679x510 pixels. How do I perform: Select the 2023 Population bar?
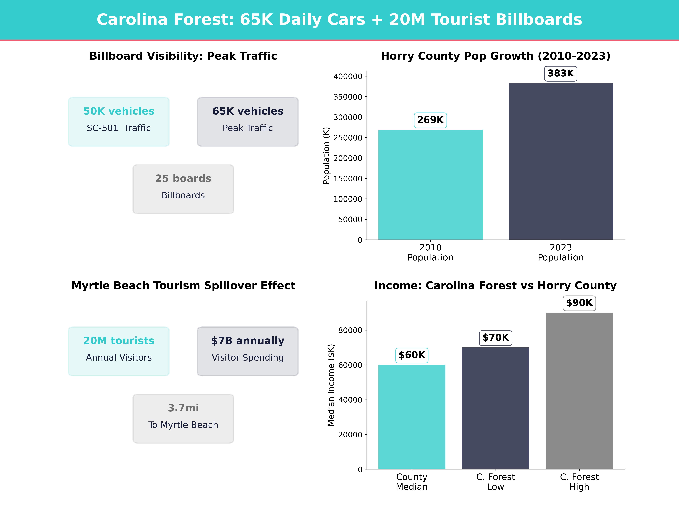(560, 161)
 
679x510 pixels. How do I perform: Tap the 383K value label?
(560, 74)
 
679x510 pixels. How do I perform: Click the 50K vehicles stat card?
(119, 122)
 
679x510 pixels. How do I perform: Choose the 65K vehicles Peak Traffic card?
(248, 122)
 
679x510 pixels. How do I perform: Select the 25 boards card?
(183, 189)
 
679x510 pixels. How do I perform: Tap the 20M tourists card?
(119, 351)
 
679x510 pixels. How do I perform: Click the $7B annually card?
(248, 351)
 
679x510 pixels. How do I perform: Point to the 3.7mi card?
(183, 418)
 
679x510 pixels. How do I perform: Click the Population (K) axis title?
(326, 156)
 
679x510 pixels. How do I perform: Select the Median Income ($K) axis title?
(331, 385)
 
